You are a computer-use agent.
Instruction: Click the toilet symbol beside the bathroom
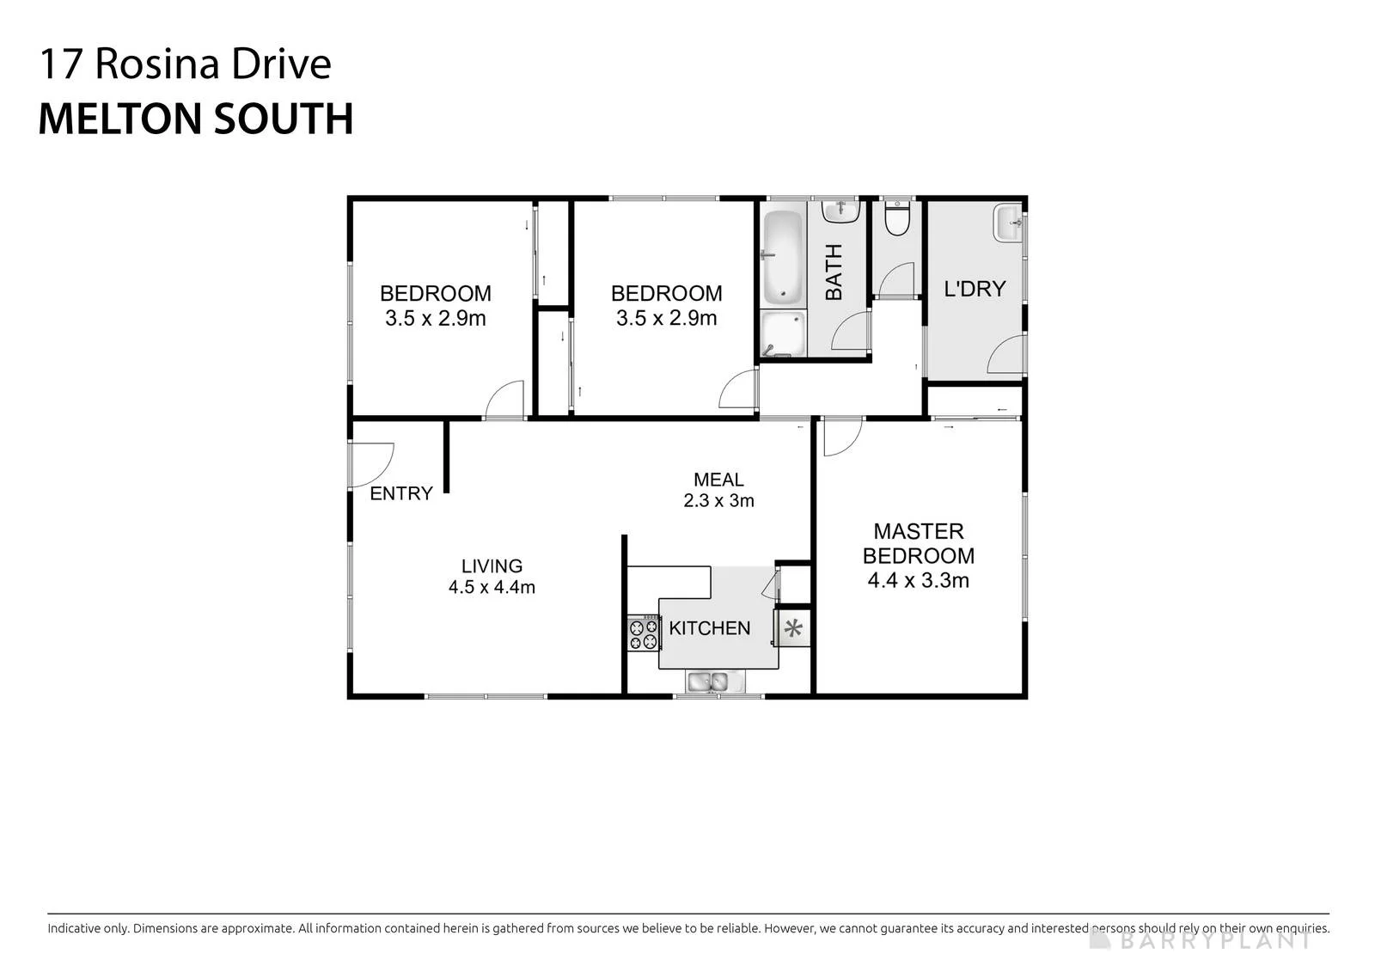tap(897, 218)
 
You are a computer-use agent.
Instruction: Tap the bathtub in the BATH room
tap(783, 258)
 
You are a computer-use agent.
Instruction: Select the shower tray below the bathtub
tap(783, 334)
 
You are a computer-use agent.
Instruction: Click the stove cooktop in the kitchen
tap(644, 633)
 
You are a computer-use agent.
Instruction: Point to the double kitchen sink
tap(708, 682)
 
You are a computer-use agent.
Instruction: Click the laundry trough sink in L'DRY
tap(1007, 223)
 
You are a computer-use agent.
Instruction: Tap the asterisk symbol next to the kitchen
tap(793, 628)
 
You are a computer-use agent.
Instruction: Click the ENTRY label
tap(400, 493)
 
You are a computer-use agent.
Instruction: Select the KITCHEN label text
tap(709, 628)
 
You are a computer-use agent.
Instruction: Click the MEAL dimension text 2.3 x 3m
tap(718, 500)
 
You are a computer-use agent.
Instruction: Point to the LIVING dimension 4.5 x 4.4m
tap(491, 587)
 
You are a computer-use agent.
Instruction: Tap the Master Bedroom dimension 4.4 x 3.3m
tap(918, 580)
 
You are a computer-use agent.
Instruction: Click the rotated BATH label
tap(833, 272)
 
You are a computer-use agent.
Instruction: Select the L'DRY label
tap(975, 288)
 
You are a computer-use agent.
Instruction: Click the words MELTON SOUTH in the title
tap(196, 119)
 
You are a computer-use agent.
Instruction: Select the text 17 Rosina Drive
tap(186, 64)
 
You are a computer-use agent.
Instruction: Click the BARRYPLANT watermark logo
tap(1199, 940)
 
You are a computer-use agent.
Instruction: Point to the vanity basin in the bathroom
tap(840, 211)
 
